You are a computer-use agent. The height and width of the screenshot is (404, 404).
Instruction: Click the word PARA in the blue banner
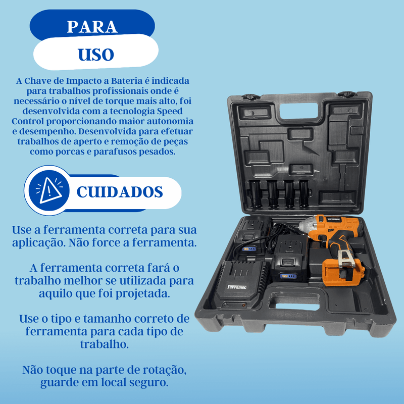click(92, 27)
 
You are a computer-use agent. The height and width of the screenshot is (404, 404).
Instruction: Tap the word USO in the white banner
click(96, 55)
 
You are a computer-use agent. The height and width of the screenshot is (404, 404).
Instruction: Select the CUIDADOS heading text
click(120, 192)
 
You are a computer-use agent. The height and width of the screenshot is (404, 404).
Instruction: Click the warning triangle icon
click(50, 190)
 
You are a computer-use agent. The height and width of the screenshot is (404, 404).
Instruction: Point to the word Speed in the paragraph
click(170, 111)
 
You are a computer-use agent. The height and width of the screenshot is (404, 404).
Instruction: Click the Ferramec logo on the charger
click(236, 287)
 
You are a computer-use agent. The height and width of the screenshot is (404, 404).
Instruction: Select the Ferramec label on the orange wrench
click(334, 220)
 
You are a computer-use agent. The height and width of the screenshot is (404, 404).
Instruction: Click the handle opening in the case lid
click(298, 111)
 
